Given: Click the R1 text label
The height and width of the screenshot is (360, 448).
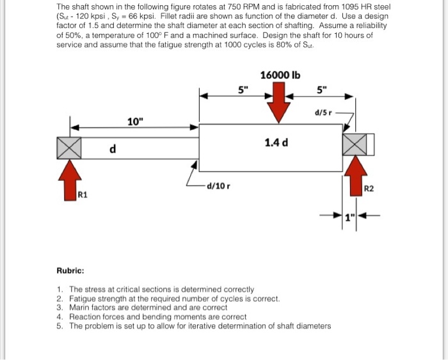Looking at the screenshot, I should pos(82,194).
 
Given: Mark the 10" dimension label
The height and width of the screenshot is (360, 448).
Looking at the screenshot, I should pos(134,121).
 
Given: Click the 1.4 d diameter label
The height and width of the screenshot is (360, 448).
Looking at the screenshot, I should pos(276,142).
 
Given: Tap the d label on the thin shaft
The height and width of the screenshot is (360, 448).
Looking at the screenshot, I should pos(113,149).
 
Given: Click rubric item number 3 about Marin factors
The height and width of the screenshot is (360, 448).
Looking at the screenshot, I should pos(147,308).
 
